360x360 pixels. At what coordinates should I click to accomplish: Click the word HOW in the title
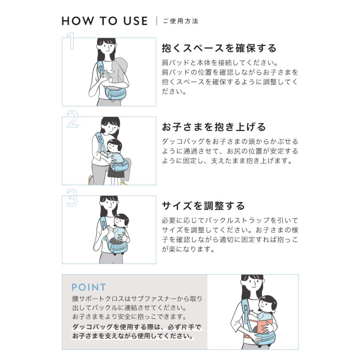click(78, 21)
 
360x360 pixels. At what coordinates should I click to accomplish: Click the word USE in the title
click(136, 21)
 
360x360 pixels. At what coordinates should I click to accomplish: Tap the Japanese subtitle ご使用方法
click(181, 21)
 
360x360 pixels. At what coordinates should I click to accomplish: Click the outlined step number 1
click(71, 41)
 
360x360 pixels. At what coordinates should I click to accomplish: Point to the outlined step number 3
click(72, 198)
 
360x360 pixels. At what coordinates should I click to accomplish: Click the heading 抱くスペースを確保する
click(219, 48)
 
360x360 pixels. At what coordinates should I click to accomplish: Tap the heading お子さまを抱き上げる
click(214, 127)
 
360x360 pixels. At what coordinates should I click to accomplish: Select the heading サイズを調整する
click(203, 206)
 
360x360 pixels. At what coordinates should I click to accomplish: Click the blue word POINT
click(89, 287)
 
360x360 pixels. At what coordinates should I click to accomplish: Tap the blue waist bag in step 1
click(115, 92)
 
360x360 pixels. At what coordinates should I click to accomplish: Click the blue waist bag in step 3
click(117, 247)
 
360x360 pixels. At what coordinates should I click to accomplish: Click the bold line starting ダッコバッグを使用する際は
click(137, 327)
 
